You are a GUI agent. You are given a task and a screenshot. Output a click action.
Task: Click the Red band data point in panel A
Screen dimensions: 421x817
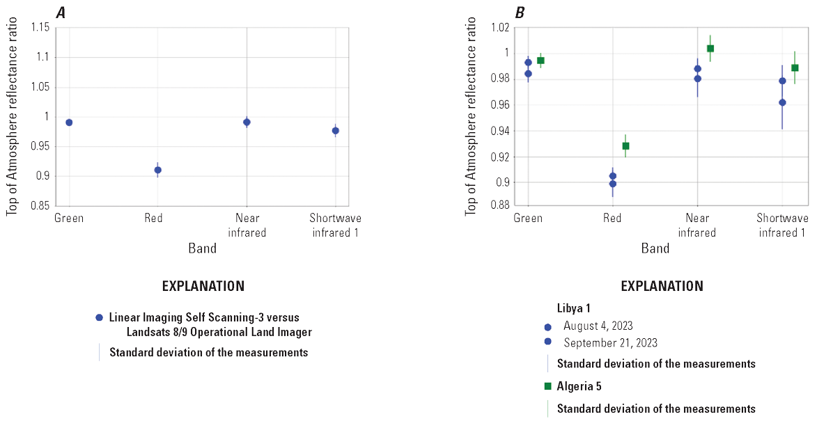[x=157, y=170]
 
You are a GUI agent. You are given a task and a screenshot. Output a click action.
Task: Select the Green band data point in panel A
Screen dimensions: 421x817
[x=69, y=122]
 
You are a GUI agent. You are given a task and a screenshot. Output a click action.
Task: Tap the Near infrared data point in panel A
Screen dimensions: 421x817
[x=247, y=122]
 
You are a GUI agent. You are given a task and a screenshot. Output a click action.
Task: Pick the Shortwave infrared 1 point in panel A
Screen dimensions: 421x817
[x=335, y=130]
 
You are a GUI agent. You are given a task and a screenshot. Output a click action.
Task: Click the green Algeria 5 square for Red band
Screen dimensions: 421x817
[x=625, y=146]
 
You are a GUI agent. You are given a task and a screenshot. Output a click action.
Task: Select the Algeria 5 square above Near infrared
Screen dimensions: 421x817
[x=710, y=49]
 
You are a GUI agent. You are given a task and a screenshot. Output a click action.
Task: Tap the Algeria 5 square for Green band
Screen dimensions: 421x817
[x=540, y=61]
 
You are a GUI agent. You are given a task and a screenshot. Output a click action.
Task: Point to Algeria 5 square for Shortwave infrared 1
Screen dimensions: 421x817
[x=795, y=68]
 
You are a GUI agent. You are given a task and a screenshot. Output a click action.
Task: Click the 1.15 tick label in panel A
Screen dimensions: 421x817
[x=38, y=28]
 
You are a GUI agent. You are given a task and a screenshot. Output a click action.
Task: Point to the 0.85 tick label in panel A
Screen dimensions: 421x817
[x=38, y=206]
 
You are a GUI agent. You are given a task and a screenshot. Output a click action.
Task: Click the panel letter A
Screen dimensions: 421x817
[x=61, y=11]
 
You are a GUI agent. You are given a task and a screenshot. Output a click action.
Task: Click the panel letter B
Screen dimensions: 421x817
[x=519, y=11]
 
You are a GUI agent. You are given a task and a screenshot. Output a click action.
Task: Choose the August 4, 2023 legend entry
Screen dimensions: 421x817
[x=598, y=326]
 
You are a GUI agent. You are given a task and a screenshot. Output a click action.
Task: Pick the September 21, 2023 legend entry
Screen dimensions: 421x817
[x=610, y=342]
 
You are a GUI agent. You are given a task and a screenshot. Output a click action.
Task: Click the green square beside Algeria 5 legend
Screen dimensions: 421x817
[x=547, y=386]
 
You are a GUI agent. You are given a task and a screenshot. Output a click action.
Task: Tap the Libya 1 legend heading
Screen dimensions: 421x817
[x=574, y=308]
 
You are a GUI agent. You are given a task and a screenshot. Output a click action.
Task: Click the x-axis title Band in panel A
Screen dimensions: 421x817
[x=202, y=248]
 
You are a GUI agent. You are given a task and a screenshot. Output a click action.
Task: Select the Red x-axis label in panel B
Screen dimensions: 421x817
[x=612, y=219]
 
